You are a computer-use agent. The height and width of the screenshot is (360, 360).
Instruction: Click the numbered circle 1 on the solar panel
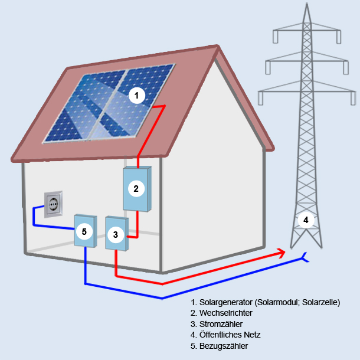pos(137,96)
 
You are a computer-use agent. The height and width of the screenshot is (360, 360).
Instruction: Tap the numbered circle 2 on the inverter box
pos(136,189)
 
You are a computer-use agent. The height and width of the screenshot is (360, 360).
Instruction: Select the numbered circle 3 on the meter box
pos(116,235)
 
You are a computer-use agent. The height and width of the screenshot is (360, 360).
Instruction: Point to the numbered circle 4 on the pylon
pos(306,220)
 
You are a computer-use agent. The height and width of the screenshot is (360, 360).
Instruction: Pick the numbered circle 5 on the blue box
pos(84,232)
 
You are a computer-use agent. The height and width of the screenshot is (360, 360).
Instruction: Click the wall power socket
pos(53,204)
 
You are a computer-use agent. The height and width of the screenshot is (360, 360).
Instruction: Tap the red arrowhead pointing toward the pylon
pos(282,253)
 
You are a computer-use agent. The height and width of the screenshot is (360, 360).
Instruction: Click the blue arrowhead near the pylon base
pos(305,257)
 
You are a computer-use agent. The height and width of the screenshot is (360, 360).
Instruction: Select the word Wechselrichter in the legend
pos(226,313)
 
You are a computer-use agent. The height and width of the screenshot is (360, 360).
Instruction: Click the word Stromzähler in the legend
pos(221,324)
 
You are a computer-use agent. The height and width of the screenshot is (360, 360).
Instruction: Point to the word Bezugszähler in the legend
pos(224,346)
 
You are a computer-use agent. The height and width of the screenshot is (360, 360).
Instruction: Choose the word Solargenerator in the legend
pos(226,302)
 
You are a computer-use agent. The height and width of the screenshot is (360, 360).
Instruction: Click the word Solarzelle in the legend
pos(320,302)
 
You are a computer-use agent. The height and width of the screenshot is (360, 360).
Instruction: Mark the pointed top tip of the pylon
pos(307,3)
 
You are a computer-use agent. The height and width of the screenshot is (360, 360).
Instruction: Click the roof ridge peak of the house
pos(217,47)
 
